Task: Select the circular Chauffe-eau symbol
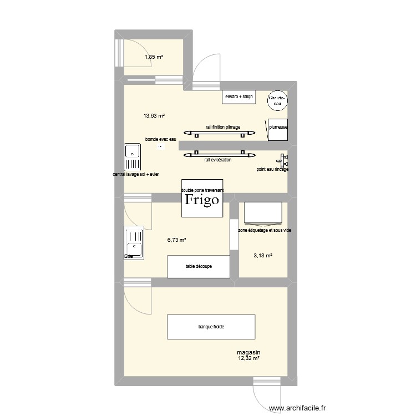point(276,100)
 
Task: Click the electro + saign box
point(239,97)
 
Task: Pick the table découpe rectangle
point(199,266)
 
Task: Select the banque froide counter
point(211,327)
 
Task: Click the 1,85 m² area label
point(154,57)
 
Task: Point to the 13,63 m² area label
point(155,116)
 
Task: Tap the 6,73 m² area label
point(176,240)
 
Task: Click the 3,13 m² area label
point(263,256)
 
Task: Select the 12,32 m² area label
point(249,358)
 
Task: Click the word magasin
point(248,352)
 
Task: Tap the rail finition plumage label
point(223,127)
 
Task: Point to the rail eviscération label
point(218,160)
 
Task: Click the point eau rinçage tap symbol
point(284,161)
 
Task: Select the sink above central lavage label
point(133,157)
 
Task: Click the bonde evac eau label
point(161,139)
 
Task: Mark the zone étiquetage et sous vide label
point(264,230)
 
